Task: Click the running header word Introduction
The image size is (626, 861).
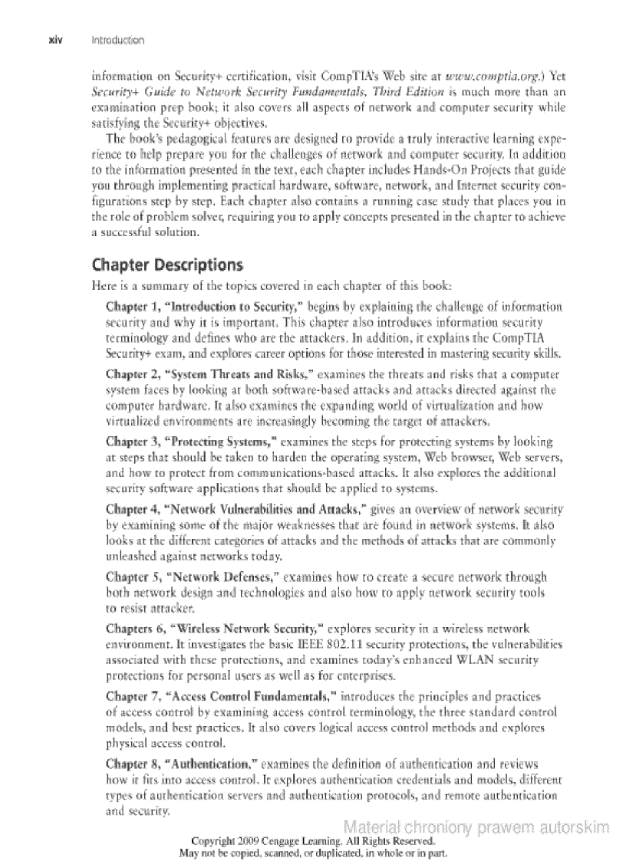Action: [117, 40]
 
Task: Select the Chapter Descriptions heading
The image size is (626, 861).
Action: [167, 266]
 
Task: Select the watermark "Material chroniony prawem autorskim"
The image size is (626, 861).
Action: [476, 826]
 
